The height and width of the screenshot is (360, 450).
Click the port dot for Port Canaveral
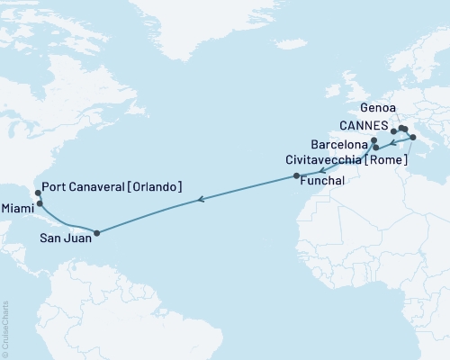click(x=37, y=192)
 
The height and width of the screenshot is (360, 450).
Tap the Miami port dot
click(x=40, y=203)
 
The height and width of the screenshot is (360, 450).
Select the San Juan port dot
click(x=96, y=233)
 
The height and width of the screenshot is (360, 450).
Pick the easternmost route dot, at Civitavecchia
click(x=413, y=138)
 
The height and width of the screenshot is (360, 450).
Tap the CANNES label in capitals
click(x=364, y=125)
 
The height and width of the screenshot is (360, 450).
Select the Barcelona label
click(x=339, y=144)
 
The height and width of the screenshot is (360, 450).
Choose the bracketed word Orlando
click(x=156, y=187)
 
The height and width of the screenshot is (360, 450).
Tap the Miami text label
click(x=17, y=208)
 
